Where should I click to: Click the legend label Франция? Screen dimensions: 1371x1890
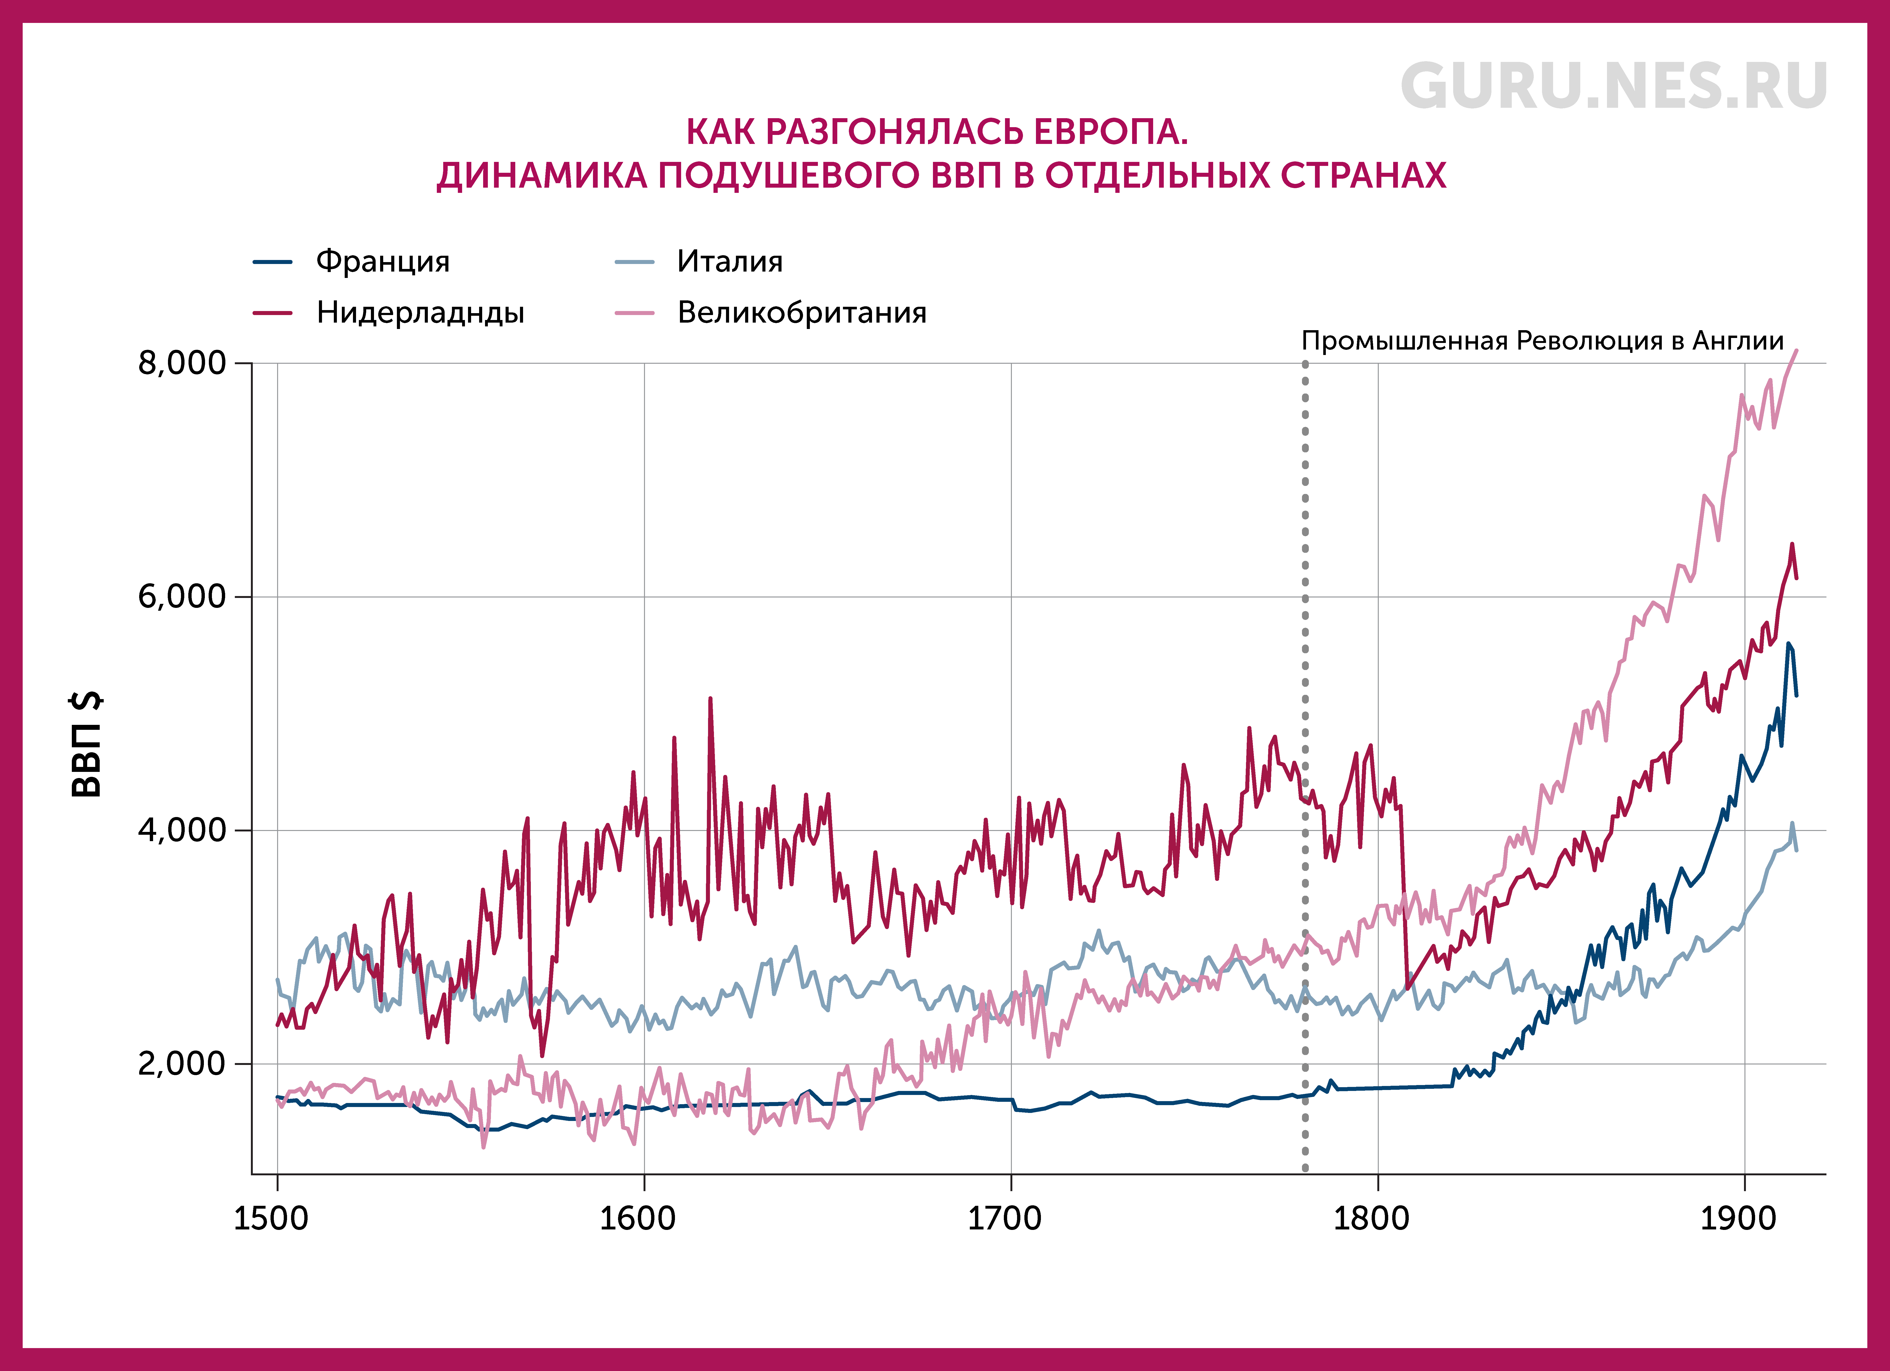[382, 262]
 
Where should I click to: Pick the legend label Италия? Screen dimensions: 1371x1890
[730, 262]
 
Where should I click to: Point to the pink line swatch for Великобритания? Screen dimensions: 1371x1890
[634, 313]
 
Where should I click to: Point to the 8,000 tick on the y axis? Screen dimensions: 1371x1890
[182, 363]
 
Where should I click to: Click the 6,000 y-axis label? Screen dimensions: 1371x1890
[182, 597]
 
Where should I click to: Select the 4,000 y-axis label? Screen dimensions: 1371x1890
[182, 830]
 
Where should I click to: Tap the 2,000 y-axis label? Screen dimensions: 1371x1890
[182, 1064]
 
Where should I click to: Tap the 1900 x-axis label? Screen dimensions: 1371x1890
[1737, 1219]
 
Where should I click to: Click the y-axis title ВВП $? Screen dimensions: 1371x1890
[87, 744]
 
